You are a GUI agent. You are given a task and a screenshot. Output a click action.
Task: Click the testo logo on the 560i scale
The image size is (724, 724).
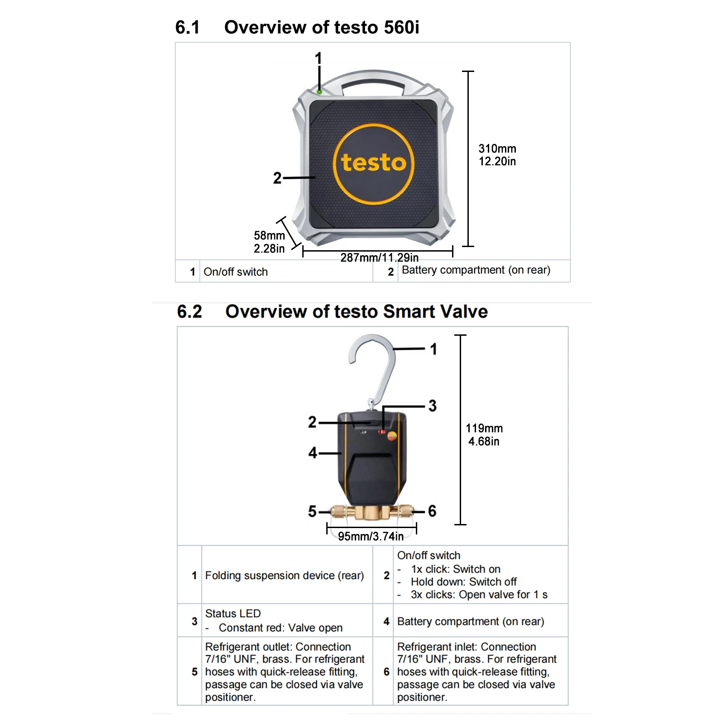click(x=373, y=163)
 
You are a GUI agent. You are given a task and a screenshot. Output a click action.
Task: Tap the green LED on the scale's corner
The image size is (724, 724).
click(x=319, y=92)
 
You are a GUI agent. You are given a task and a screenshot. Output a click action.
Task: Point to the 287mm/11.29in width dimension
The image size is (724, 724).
click(x=379, y=257)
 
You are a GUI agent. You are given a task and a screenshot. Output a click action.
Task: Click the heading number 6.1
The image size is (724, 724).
click(x=187, y=28)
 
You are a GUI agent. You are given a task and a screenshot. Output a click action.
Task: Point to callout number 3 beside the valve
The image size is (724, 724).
click(x=433, y=405)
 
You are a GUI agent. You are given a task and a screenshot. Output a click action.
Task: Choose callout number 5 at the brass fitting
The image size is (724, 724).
click(x=312, y=511)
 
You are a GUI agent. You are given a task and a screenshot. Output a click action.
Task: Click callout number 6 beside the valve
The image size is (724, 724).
click(x=432, y=511)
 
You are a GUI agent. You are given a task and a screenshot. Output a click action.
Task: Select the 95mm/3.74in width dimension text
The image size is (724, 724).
click(x=371, y=536)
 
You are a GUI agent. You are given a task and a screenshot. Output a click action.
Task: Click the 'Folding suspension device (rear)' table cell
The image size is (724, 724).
click(x=284, y=576)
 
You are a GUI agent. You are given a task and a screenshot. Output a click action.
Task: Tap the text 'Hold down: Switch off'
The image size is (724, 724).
click(x=463, y=582)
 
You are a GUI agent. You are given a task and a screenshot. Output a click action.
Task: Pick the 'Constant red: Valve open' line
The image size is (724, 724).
click(x=281, y=628)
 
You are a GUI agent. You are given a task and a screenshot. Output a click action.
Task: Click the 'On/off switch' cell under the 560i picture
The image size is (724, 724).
click(x=236, y=272)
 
